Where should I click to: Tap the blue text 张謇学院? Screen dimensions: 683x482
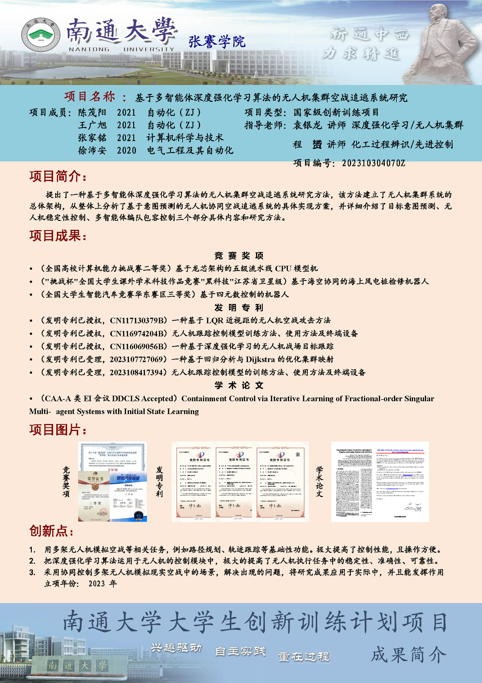tap(217, 42)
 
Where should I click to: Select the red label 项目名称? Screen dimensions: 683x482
tap(89, 97)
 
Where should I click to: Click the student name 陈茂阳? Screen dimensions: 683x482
tap(92, 113)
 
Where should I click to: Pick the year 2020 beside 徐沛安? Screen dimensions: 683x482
tap(127, 150)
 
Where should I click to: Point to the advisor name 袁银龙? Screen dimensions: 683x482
tap(307, 125)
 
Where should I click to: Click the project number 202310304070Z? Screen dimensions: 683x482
tap(373, 163)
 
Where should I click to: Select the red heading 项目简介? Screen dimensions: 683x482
tap(58, 176)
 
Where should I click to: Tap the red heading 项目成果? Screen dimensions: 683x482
tap(58, 236)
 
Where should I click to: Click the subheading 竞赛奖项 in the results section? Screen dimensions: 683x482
tap(239, 255)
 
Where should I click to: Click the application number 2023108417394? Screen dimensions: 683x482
tap(136, 372)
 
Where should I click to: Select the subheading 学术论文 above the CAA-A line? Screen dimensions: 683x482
tap(239, 386)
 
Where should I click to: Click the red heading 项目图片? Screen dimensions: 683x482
tap(58, 430)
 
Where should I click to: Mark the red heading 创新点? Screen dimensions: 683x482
tap(51, 530)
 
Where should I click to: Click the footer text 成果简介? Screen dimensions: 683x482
tap(408, 655)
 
